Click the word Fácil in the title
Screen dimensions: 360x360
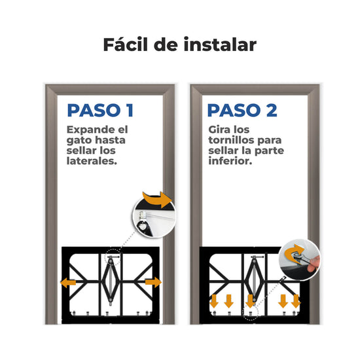click(126, 44)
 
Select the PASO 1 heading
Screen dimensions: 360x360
click(100, 111)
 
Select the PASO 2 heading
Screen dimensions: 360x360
click(242, 111)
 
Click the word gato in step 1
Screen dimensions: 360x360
click(79, 141)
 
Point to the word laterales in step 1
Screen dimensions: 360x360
click(92, 161)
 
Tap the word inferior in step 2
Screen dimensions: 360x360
click(230, 161)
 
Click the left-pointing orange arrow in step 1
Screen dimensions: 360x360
click(68, 282)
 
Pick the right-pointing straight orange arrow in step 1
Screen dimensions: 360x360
click(153, 282)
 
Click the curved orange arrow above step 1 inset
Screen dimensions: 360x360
click(157, 199)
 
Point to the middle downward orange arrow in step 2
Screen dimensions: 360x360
click(250, 301)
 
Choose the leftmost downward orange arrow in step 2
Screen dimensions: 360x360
click(214, 301)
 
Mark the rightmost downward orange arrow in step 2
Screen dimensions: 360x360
click(296, 301)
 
